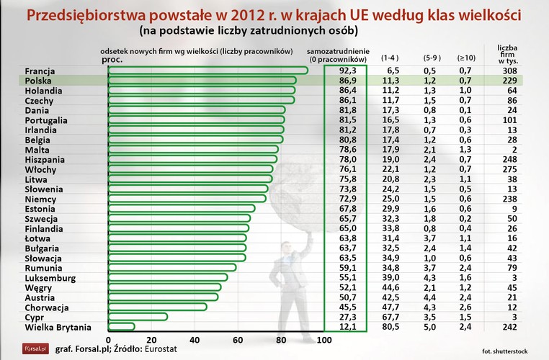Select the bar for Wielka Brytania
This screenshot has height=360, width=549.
coord(121,327)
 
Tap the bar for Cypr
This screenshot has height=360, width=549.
coord(137,317)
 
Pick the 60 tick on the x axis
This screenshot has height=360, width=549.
coord(237,339)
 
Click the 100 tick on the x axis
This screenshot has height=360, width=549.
coord(323,339)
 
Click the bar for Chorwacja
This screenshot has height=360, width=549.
coord(157,307)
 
